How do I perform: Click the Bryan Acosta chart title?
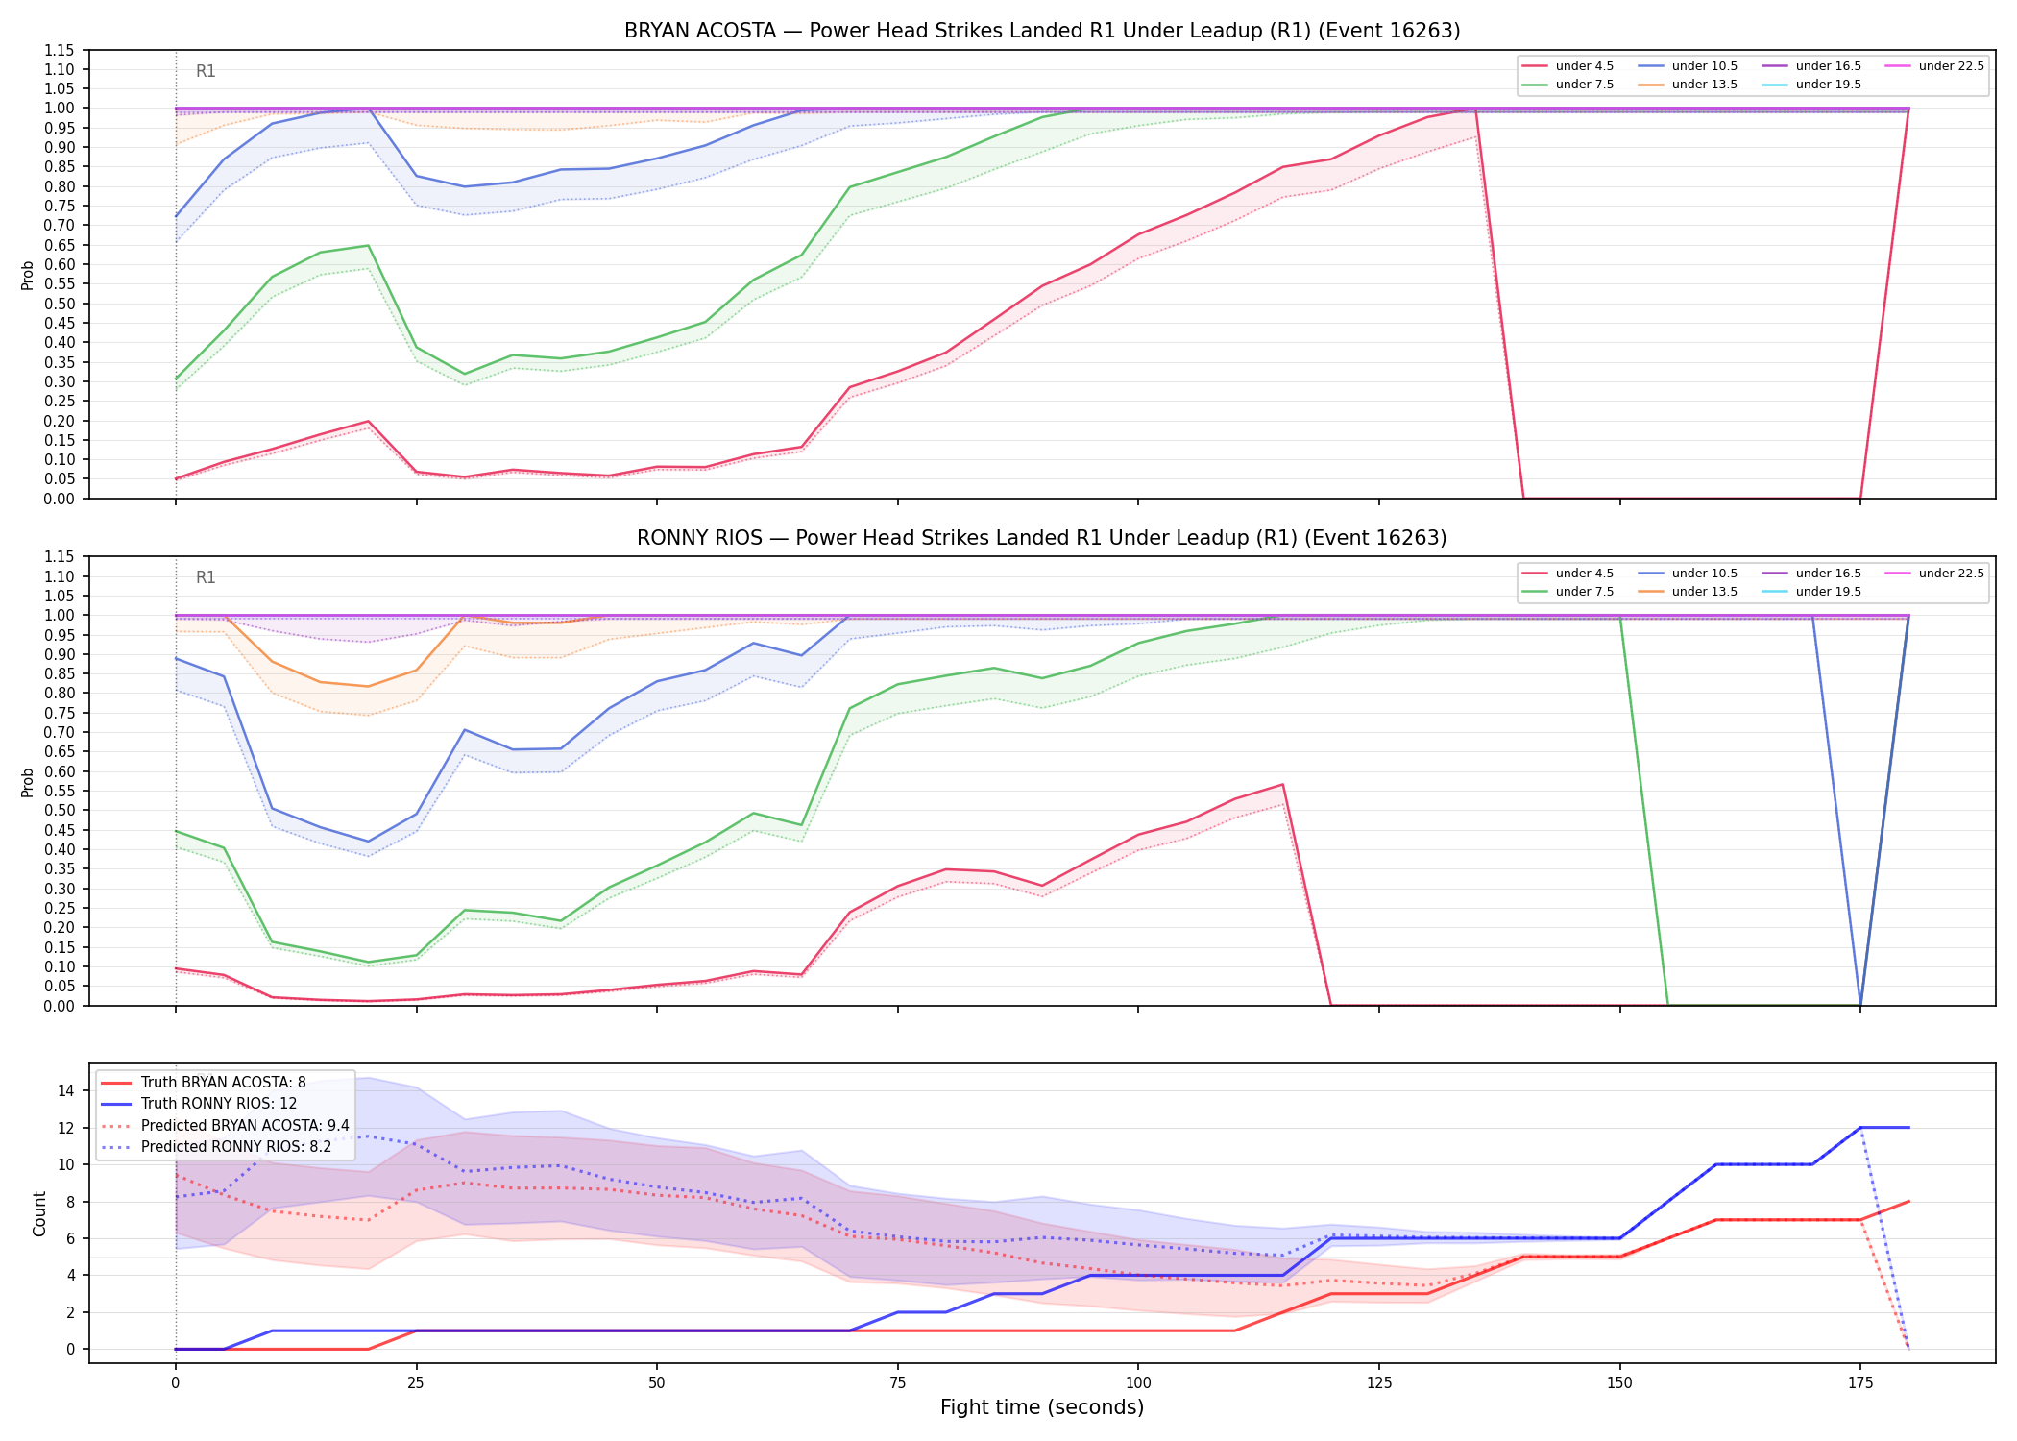tap(1042, 31)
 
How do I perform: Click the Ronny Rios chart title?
tap(1042, 538)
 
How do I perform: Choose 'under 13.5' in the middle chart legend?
tap(1705, 592)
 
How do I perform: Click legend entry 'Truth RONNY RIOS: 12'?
tap(219, 1104)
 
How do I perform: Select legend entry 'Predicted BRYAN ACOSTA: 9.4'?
tap(245, 1125)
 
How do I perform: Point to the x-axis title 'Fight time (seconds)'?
tap(1042, 1407)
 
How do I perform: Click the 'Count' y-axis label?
tap(39, 1213)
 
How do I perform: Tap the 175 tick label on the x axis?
tap(1860, 1383)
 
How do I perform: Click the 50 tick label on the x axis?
tap(656, 1383)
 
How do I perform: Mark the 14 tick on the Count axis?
tap(66, 1090)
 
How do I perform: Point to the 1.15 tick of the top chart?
tap(61, 50)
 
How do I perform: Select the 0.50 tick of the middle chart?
tap(61, 810)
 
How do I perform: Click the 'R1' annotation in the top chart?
tap(206, 71)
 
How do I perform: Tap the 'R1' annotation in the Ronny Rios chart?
tap(206, 577)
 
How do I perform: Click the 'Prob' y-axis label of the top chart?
tap(28, 275)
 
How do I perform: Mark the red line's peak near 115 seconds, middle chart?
tap(1282, 785)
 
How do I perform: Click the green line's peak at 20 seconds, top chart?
tap(368, 246)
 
